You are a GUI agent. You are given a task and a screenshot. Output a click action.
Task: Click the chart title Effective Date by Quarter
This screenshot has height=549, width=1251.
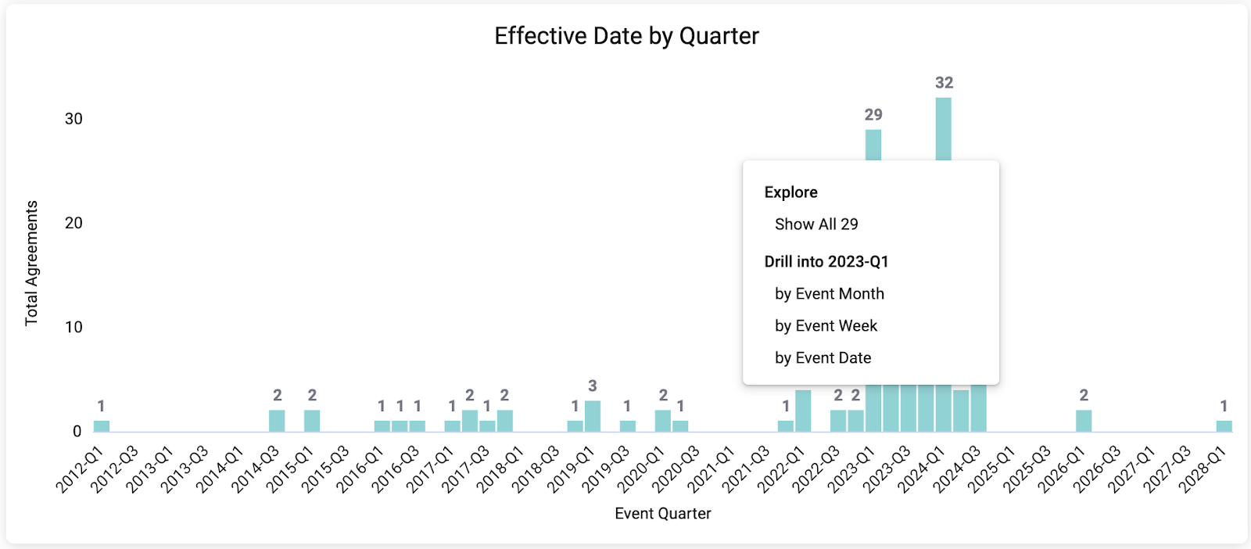tap(626, 36)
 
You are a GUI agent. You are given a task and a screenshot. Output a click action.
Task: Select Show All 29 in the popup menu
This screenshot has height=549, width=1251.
tap(816, 224)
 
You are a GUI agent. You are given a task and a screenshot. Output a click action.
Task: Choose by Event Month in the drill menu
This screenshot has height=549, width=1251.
tap(829, 294)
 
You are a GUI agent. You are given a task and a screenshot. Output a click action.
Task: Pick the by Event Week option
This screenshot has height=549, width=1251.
tap(826, 326)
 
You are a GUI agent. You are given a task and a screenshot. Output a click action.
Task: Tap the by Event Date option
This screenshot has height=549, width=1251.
tap(823, 358)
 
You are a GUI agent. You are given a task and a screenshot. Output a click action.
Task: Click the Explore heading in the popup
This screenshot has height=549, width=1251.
tap(790, 192)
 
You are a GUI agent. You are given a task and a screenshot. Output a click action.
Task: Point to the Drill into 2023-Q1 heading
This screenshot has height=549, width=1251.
tap(826, 262)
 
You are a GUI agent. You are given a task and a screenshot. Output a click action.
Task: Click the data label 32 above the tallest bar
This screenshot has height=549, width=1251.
tap(944, 83)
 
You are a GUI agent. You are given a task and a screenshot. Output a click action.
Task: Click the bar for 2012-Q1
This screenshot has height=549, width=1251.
tap(102, 426)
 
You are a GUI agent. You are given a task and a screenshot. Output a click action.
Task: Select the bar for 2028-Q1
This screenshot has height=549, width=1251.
tap(1224, 426)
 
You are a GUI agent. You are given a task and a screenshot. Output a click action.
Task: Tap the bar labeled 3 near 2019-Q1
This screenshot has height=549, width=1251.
tap(593, 416)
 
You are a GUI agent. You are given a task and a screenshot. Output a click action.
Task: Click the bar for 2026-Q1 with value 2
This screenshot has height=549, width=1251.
tap(1084, 421)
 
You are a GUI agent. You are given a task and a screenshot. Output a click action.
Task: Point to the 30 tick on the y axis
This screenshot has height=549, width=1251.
tap(73, 119)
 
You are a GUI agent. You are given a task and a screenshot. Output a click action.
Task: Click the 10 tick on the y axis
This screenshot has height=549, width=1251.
tap(73, 327)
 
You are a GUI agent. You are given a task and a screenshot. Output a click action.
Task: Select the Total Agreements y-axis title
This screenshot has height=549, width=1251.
tap(31, 263)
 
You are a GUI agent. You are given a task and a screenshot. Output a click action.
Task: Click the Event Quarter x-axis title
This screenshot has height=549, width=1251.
tap(663, 514)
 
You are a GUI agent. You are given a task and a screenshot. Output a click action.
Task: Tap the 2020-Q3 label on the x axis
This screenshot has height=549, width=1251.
tap(676, 469)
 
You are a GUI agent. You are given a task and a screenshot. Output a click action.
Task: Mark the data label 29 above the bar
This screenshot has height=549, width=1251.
tap(873, 115)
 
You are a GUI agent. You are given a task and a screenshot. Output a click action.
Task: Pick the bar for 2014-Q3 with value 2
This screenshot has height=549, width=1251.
tap(277, 421)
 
